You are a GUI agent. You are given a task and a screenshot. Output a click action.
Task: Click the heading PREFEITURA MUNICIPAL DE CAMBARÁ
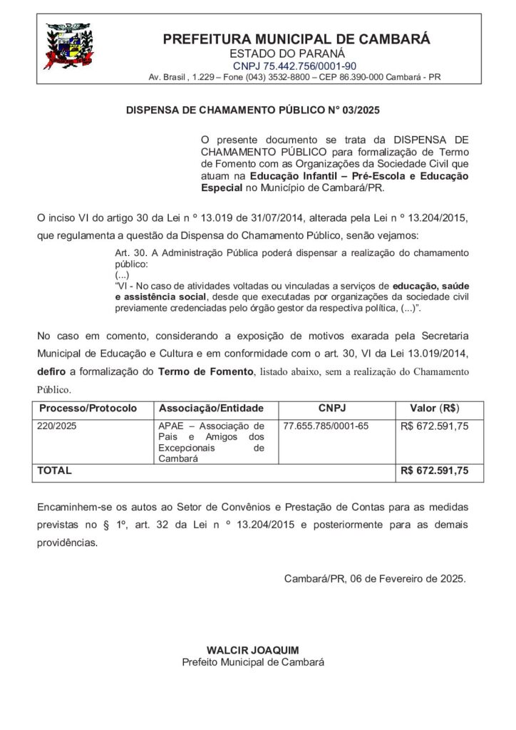296,39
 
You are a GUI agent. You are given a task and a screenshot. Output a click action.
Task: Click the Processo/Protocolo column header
88,409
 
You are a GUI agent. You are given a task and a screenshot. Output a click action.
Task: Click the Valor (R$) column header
434,409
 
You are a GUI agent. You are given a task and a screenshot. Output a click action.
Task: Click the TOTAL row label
54,471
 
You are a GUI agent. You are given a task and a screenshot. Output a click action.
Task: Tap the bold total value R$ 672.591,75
434,471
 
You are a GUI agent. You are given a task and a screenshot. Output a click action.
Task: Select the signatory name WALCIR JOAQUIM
252,650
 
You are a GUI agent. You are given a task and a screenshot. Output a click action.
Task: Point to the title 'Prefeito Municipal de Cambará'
252,662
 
